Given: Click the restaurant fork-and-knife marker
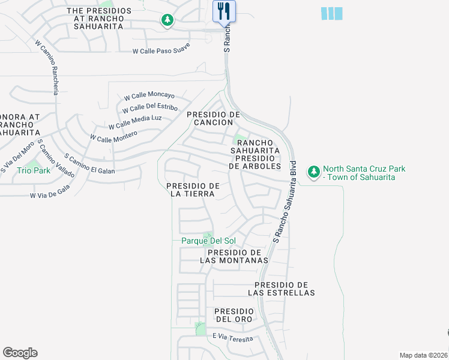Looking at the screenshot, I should coord(224,11).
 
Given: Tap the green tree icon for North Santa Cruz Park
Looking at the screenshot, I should coord(313,172).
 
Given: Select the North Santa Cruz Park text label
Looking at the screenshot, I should coord(364,173).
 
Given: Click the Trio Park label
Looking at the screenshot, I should coord(34,170).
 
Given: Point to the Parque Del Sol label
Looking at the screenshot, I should coord(208,241).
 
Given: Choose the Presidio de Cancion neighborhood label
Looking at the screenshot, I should coord(213,118).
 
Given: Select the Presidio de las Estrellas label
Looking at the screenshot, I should coord(282,289).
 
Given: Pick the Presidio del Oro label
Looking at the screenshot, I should coord(235,315).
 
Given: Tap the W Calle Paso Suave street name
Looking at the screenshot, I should coord(161,51).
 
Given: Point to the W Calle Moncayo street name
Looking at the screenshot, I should coord(149,96).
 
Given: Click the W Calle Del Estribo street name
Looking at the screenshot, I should coord(149,109).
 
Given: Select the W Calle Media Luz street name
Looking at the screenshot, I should coord(135,122).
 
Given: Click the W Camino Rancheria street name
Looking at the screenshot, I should coord(47,67).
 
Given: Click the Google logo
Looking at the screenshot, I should coord(20,352).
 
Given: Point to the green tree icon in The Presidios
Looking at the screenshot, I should coord(167,21).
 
